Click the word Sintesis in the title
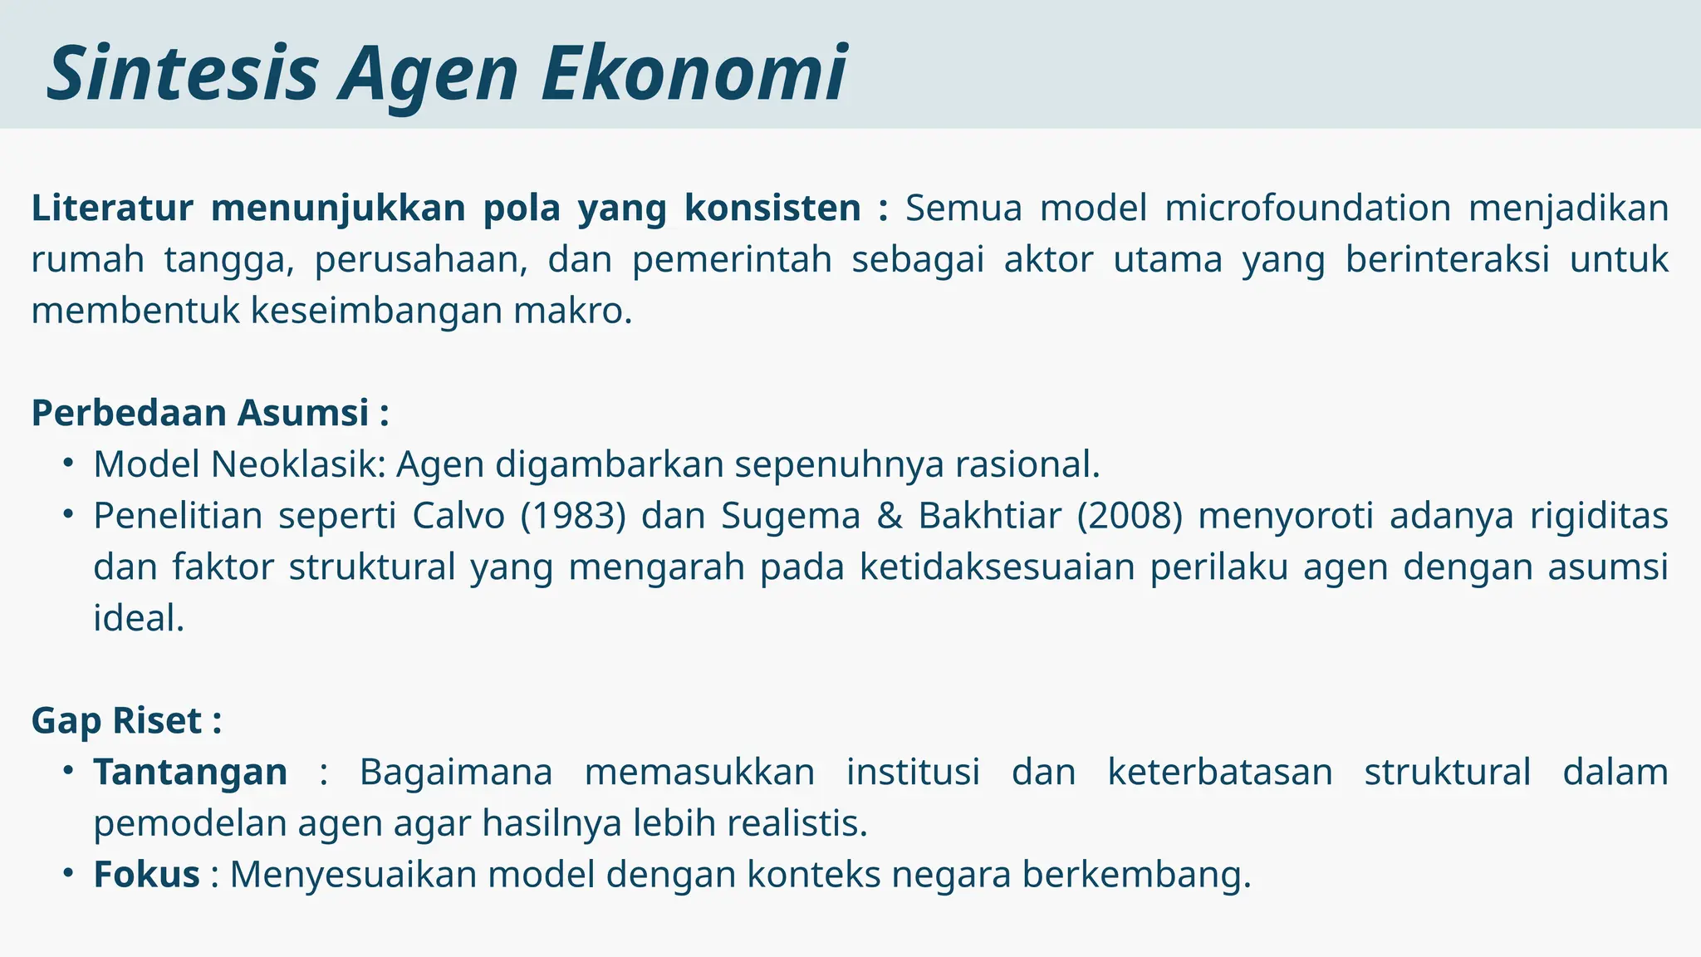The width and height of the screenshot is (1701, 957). click(x=183, y=73)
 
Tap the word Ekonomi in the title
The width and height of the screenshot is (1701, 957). click(x=694, y=73)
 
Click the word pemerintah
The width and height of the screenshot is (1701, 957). click(x=732, y=259)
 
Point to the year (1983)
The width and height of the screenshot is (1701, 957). click(x=573, y=516)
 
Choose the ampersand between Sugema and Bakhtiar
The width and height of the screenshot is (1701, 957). click(x=889, y=516)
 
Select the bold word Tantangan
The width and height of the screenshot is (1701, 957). click(x=190, y=773)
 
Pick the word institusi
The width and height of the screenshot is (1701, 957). click(x=913, y=773)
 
